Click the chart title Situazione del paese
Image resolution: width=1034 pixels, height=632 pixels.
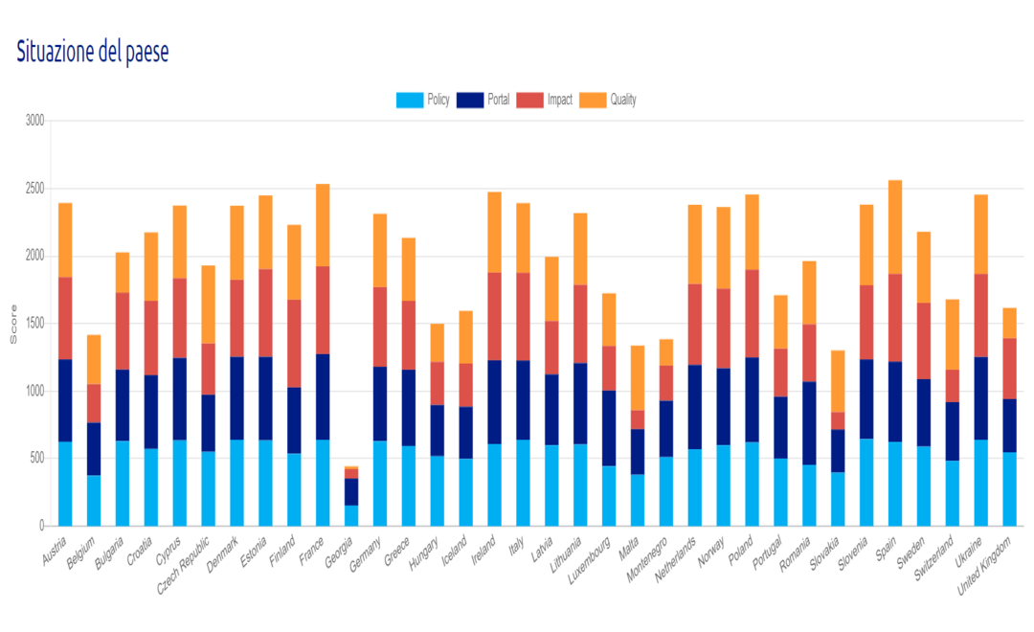93,53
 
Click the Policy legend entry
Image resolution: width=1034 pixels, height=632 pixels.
423,100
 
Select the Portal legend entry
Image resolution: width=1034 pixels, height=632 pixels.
483,100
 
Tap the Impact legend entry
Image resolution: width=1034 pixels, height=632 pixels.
544,100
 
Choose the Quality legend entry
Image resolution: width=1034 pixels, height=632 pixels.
608,100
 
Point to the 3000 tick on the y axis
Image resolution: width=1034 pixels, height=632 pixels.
34,122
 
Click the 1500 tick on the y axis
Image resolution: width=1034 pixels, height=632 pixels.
34,324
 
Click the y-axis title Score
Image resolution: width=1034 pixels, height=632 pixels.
13,324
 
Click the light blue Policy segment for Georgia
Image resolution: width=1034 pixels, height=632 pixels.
351,515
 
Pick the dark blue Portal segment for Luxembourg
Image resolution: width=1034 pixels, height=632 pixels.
609,428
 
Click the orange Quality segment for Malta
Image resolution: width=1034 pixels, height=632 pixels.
638,377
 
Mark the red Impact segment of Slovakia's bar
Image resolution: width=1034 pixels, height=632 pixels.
838,420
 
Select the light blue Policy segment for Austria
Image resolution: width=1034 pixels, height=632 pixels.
65,484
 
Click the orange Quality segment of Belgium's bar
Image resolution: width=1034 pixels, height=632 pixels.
94,359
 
